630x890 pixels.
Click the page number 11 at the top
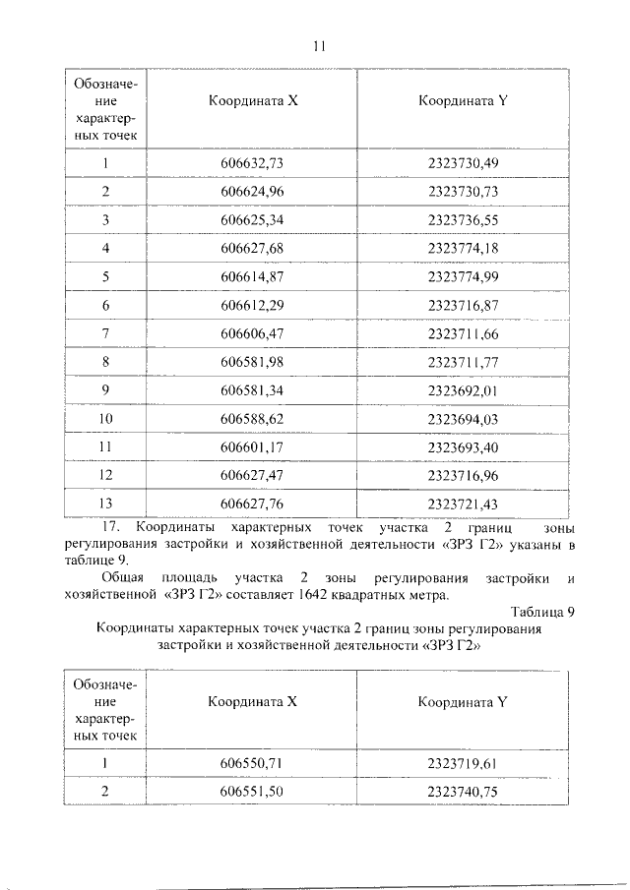pyautogui.click(x=317, y=46)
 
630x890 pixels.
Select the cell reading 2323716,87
pyautogui.click(x=464, y=306)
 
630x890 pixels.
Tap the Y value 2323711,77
pyautogui.click(x=464, y=363)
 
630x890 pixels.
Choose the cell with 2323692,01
pyautogui.click(x=464, y=391)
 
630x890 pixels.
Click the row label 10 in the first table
pyautogui.click(x=104, y=420)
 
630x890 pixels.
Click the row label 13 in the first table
pyautogui.click(x=104, y=504)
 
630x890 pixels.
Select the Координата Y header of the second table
pyautogui.click(x=462, y=702)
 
